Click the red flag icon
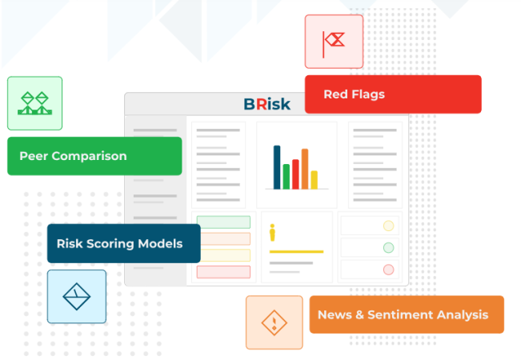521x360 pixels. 334,44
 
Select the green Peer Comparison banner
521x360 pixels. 94,156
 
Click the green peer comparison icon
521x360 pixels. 35,103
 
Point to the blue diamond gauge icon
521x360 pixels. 76,297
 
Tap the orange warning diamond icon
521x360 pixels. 275,322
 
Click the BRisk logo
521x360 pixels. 267,104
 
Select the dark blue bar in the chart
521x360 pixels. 277,167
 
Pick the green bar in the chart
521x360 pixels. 286,177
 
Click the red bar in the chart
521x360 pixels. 295,174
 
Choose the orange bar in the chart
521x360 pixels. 305,169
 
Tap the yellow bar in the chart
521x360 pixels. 314,180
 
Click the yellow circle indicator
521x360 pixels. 388,226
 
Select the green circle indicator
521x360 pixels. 388,248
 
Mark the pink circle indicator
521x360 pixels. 388,270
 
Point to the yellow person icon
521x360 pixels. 272,233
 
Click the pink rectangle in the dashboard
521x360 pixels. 223,272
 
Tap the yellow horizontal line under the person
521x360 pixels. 296,252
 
